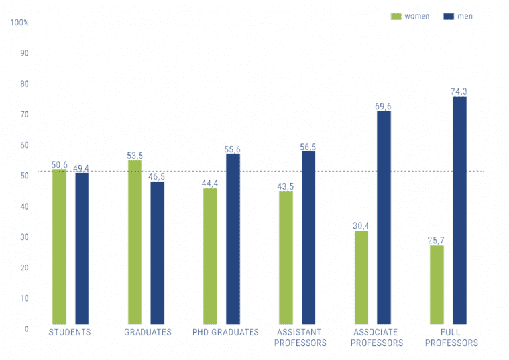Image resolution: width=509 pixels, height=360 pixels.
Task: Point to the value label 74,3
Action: pos(459,91)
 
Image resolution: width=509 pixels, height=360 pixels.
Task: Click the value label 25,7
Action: pos(436,240)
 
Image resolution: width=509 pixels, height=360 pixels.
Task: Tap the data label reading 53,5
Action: pos(134,155)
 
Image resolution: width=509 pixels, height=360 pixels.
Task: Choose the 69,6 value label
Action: pos(384,106)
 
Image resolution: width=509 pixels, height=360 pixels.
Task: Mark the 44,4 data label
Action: pos(210,183)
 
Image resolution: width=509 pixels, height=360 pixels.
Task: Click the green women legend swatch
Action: pos(396,16)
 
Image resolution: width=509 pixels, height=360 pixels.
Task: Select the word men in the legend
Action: pos(465,16)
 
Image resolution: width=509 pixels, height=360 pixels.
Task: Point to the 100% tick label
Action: pos(20,23)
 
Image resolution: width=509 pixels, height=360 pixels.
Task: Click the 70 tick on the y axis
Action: pos(25,115)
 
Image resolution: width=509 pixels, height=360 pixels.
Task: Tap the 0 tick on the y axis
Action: pos(27,329)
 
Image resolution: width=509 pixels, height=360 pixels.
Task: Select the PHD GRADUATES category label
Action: pos(225,332)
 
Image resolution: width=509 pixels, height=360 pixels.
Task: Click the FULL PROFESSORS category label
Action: pos(451,337)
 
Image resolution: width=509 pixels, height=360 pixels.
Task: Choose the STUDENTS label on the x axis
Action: pos(70,332)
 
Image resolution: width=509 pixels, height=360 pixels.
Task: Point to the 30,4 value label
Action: pos(361,226)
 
